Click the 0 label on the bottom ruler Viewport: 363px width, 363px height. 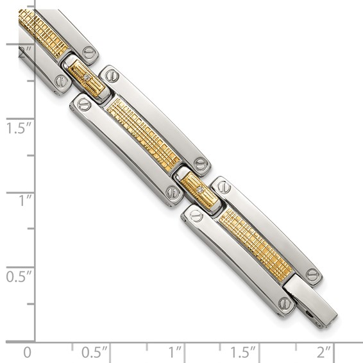(x=26, y=352)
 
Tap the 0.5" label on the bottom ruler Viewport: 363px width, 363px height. (x=94, y=352)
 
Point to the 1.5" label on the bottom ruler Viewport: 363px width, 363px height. (x=243, y=352)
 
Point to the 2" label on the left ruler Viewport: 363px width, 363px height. (x=24, y=54)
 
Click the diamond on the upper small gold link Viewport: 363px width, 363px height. (x=88, y=78)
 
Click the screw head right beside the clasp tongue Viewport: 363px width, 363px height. (x=312, y=274)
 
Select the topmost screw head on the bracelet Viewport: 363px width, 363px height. (x=88, y=52)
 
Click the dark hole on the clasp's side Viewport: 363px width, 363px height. (x=311, y=315)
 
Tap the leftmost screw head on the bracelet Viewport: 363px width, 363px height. (x=62, y=81)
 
